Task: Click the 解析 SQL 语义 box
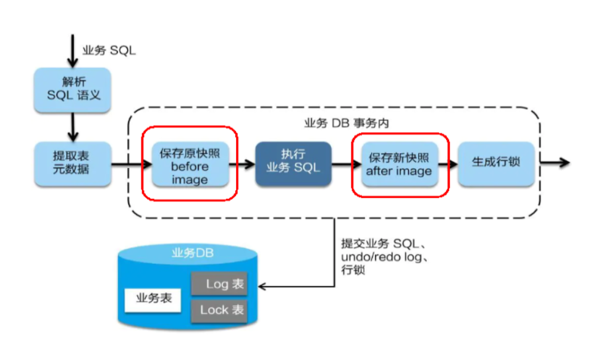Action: (x=73, y=90)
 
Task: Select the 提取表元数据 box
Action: (x=73, y=164)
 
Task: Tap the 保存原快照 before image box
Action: (x=190, y=164)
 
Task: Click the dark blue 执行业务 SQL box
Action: (x=293, y=164)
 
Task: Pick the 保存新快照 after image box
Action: (x=400, y=164)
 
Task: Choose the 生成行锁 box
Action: (x=496, y=164)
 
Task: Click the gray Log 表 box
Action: (x=219, y=284)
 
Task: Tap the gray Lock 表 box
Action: (x=219, y=311)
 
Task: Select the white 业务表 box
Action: (x=153, y=299)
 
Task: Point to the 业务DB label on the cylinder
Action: (x=193, y=253)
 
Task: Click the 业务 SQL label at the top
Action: (x=109, y=50)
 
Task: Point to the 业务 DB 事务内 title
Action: (x=347, y=123)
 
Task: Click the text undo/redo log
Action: (x=381, y=257)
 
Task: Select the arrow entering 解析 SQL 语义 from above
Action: (x=72, y=51)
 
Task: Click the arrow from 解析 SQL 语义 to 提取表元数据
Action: (x=73, y=127)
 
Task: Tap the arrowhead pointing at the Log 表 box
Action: (x=262, y=287)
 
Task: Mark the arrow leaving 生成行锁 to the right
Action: (x=555, y=162)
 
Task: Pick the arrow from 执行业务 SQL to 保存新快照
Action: (x=347, y=164)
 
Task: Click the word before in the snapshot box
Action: (x=190, y=167)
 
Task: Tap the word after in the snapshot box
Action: (x=377, y=170)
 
